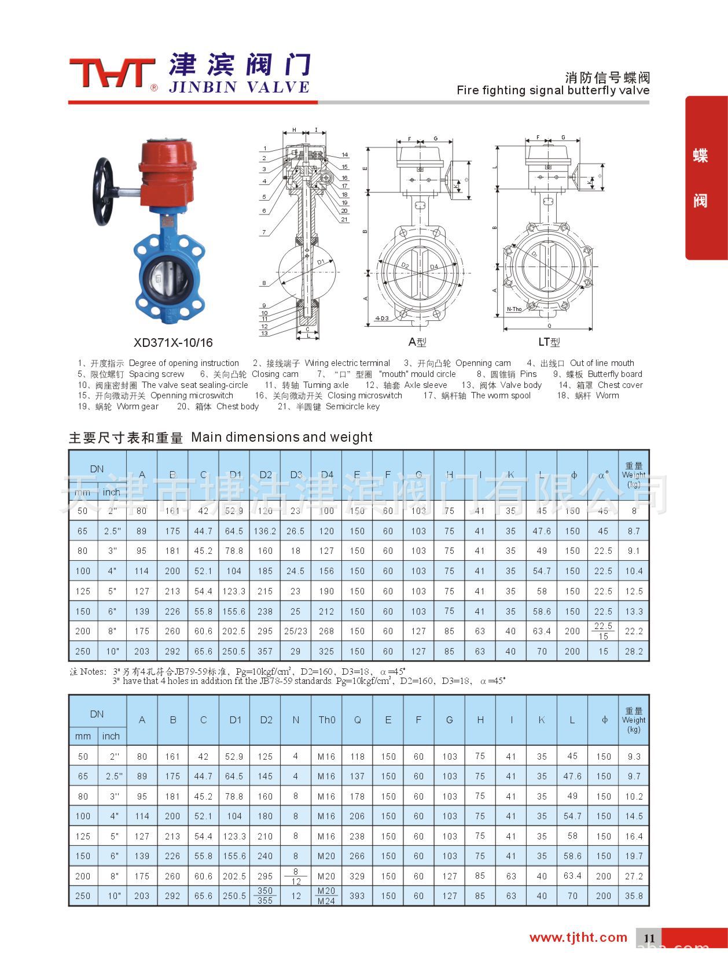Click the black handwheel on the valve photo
tap(105, 191)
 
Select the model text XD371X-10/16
tap(173, 342)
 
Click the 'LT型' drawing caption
tap(549, 342)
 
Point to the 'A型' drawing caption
tap(417, 342)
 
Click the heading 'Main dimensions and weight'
tap(281, 437)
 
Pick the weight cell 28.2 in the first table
tap(634, 651)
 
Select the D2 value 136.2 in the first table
tap(265, 531)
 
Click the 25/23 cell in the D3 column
tap(296, 631)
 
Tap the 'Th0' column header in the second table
tap(326, 720)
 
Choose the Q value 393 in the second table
tap(357, 896)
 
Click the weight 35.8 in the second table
tap(634, 896)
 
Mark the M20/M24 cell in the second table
tap(326, 896)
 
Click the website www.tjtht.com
tap(578, 937)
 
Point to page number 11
tap(649, 938)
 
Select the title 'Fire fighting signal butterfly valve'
tap(553, 90)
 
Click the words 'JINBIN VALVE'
tap(239, 87)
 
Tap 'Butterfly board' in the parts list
tap(615, 374)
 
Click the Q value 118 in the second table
tap(357, 756)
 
